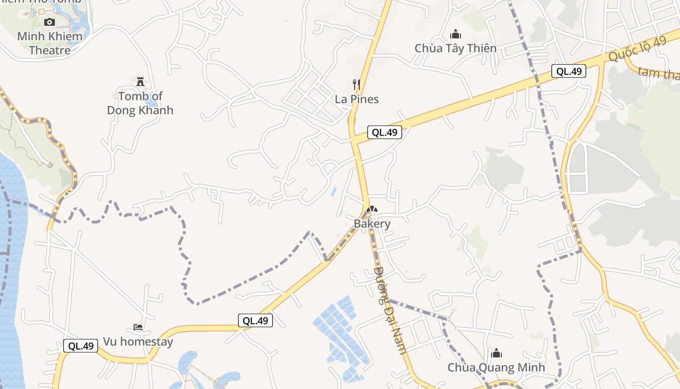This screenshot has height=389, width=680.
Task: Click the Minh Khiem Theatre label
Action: pyautogui.click(x=50, y=43)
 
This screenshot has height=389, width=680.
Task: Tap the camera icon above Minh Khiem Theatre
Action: pyautogui.click(x=50, y=22)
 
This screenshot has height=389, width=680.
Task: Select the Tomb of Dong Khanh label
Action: pyautogui.click(x=140, y=103)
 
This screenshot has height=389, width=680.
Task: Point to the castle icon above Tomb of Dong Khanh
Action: pyautogui.click(x=140, y=81)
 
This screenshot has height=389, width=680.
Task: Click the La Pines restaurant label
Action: pyautogui.click(x=357, y=99)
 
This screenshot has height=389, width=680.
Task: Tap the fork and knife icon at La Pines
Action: pyautogui.click(x=357, y=85)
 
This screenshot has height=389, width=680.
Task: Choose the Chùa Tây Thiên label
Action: pyautogui.click(x=455, y=48)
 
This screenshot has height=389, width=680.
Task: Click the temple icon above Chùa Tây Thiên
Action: pyautogui.click(x=456, y=34)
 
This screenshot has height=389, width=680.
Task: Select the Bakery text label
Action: pyautogui.click(x=372, y=224)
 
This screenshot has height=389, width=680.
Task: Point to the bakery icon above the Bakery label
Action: pyautogui.click(x=372, y=210)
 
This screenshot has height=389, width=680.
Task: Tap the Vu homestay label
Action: pyautogui.click(x=138, y=342)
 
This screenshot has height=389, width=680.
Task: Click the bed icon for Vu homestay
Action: pyautogui.click(x=138, y=327)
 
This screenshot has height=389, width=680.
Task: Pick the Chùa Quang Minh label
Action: pyautogui.click(x=496, y=368)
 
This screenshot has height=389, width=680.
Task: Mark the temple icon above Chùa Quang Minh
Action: pyautogui.click(x=496, y=353)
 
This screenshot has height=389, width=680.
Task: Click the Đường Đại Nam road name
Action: pyautogui.click(x=390, y=310)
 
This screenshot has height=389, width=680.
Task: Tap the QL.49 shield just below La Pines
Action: pyautogui.click(x=384, y=132)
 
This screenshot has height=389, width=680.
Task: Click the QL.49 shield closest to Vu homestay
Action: pyautogui.click(x=81, y=346)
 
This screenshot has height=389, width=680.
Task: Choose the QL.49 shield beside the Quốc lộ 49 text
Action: pyautogui.click(x=569, y=71)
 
